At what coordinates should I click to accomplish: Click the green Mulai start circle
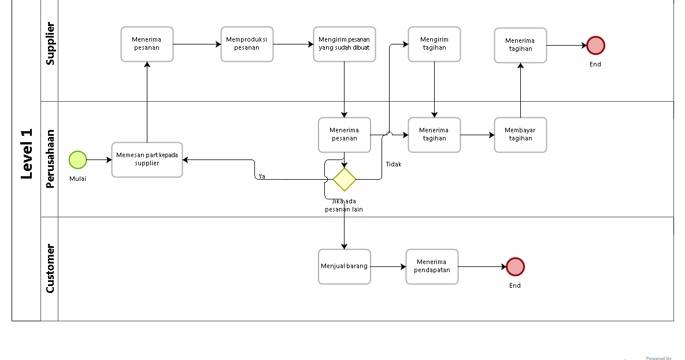[x=77, y=159]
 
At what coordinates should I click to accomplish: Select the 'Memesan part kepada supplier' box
[x=147, y=159]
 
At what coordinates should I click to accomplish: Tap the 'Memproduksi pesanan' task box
[x=247, y=44]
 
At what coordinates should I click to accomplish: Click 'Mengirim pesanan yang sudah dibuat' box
[x=344, y=44]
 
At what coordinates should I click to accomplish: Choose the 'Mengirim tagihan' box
[x=434, y=44]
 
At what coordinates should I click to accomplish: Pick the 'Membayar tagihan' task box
[x=520, y=135]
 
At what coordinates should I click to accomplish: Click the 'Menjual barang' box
[x=344, y=266]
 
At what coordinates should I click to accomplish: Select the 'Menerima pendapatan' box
[x=432, y=266]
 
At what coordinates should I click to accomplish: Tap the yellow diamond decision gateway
[x=345, y=180]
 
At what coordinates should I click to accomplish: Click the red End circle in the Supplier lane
[x=595, y=45]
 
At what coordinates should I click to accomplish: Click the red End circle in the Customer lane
[x=515, y=266]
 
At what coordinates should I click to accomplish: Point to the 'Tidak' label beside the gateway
[x=393, y=165]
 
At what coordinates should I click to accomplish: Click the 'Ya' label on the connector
[x=262, y=176]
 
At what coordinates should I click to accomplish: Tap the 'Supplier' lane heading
[x=50, y=43]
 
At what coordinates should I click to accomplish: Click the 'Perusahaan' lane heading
[x=50, y=158]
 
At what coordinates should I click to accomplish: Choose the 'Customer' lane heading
[x=50, y=268]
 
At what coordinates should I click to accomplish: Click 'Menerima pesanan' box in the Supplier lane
[x=147, y=44]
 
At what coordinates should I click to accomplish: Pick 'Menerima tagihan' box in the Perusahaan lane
[x=434, y=135]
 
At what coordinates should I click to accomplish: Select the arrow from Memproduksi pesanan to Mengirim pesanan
[x=293, y=44]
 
